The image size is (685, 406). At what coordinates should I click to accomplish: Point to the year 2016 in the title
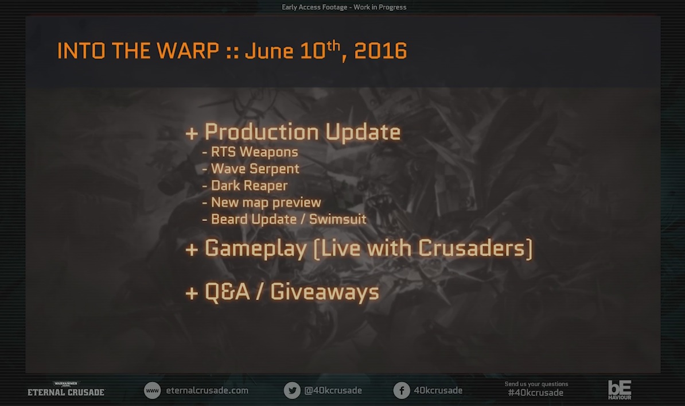[380, 51]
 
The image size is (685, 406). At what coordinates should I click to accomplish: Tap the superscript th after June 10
[333, 45]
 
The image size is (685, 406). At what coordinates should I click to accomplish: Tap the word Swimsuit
[338, 219]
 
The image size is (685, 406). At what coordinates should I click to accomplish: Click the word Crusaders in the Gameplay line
[472, 248]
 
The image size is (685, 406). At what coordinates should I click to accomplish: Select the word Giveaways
[325, 292]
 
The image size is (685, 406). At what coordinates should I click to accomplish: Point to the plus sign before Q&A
[192, 293]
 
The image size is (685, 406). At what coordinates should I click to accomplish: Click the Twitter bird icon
[292, 390]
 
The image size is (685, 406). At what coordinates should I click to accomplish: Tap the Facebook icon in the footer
[402, 390]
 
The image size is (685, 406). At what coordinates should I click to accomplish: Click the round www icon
[153, 390]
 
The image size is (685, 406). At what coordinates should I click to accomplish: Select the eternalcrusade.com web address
[207, 390]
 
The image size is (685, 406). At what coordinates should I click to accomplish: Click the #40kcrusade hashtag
[536, 393]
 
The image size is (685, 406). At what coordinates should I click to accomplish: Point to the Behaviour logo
[620, 390]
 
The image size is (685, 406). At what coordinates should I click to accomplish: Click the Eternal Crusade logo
[66, 389]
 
